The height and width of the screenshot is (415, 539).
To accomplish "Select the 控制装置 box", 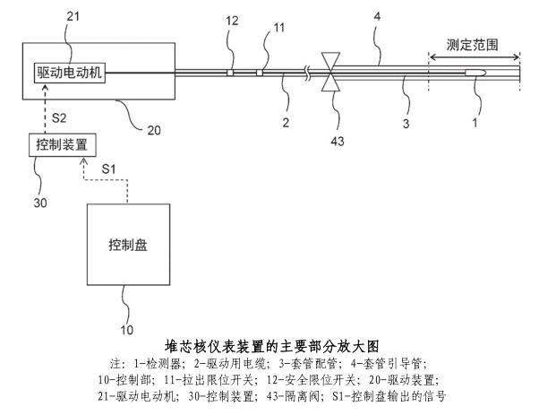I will pyautogui.click(x=59, y=143).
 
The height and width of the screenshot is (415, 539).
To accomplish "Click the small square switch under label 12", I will pyautogui.click(x=230, y=72).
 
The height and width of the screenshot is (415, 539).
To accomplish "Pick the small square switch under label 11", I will pyautogui.click(x=260, y=72).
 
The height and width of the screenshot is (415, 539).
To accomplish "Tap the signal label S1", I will pyautogui.click(x=108, y=168).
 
